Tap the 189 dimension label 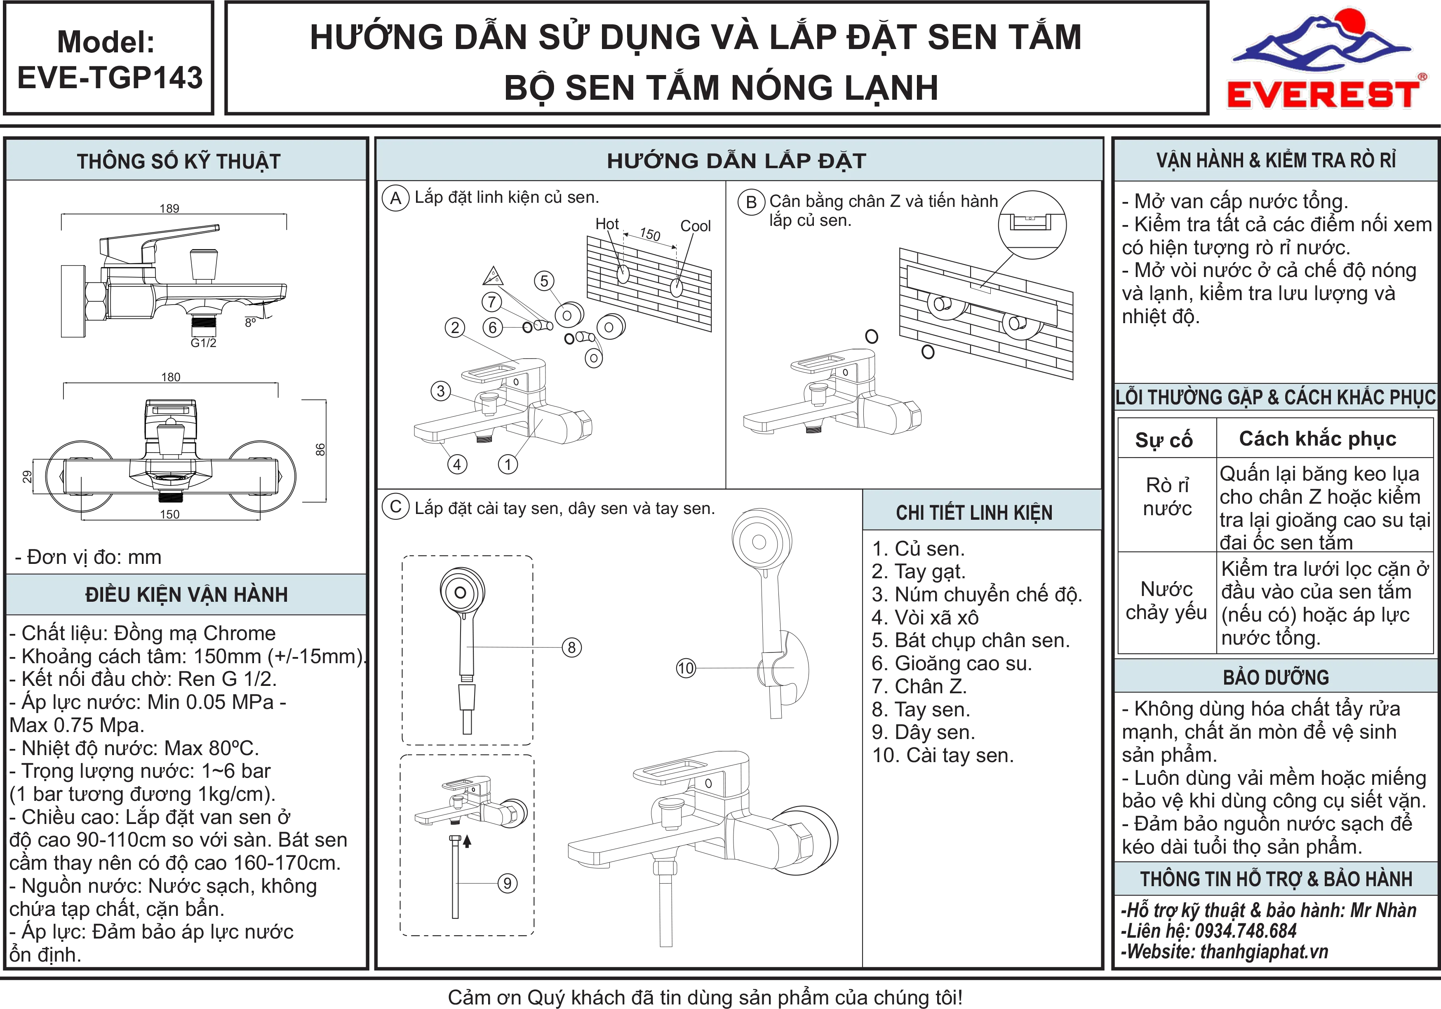click(x=169, y=208)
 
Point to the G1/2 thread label click(x=203, y=343)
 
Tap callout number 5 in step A click(x=544, y=281)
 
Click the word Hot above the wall click(x=607, y=224)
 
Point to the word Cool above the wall click(x=696, y=226)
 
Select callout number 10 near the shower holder click(x=686, y=668)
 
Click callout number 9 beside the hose click(x=508, y=884)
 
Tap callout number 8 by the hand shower click(x=571, y=648)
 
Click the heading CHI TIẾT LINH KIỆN click(x=974, y=513)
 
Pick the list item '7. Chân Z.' click(x=919, y=686)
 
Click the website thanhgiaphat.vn click(x=1264, y=951)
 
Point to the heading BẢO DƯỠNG click(x=1276, y=678)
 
